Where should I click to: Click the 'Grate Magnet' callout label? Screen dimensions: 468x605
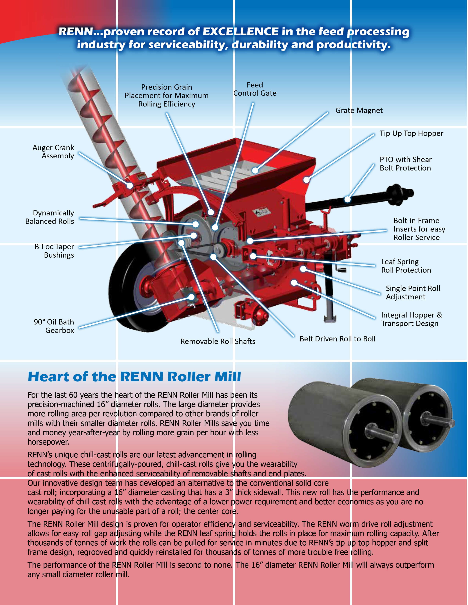(359, 111)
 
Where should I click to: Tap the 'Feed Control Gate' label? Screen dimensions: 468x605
(255, 89)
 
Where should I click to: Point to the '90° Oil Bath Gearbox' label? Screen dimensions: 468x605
(54, 326)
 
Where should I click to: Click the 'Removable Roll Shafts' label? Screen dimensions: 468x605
(218, 341)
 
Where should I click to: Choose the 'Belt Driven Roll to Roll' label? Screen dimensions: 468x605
(337, 339)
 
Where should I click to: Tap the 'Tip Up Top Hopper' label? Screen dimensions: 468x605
(411, 133)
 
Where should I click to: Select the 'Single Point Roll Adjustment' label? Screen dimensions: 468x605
(413, 293)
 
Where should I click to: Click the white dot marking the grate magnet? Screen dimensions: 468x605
(255, 170)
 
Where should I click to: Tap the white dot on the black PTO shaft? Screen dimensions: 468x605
(347, 199)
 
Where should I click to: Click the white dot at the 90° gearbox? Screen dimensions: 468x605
(191, 297)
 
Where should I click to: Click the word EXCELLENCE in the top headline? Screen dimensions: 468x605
(241, 32)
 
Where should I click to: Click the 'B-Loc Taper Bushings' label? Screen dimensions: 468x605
(54, 251)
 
